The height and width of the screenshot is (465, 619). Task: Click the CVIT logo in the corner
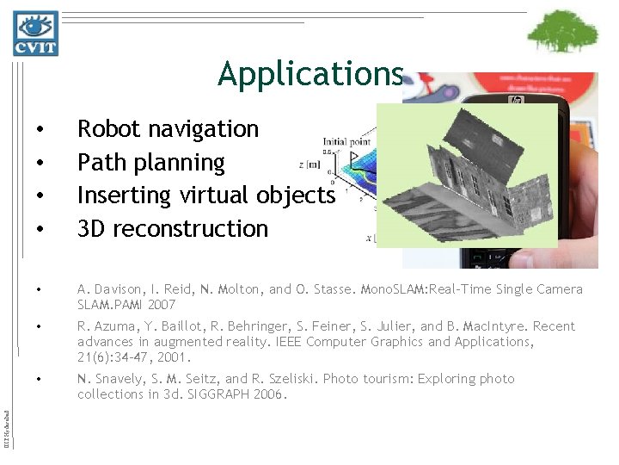(35, 34)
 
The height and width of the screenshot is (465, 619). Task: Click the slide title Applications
(309, 74)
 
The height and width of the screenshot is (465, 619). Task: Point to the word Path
(98, 162)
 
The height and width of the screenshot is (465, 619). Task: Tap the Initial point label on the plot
(347, 140)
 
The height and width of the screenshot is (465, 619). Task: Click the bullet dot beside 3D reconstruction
(41, 230)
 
